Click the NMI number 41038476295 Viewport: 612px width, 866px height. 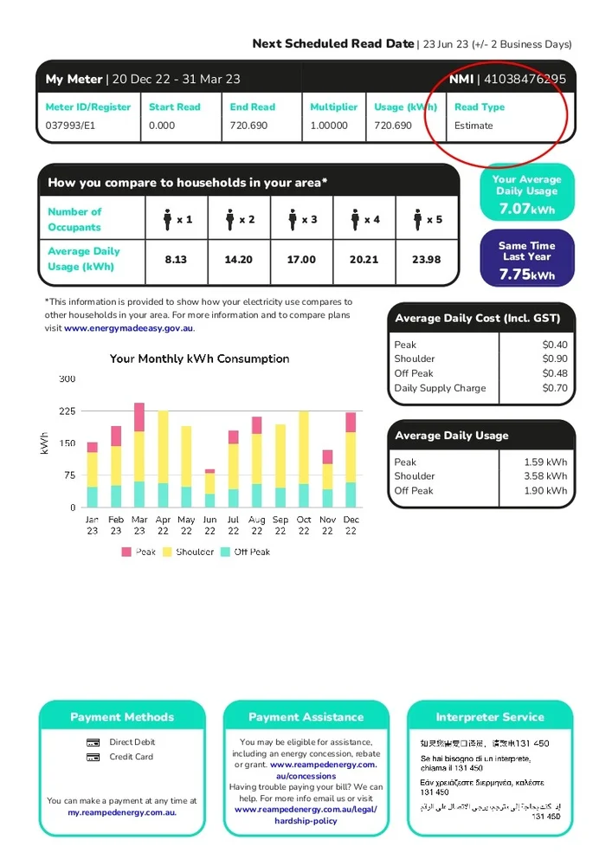(525, 79)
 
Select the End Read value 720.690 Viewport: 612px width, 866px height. (248, 126)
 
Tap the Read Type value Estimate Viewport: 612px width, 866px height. (473, 126)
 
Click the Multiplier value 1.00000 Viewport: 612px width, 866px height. (329, 126)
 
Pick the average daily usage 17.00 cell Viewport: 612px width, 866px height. (301, 260)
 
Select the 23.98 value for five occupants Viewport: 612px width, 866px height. (427, 260)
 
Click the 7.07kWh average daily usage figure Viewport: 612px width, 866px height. (526, 209)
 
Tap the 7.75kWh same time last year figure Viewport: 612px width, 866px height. (526, 275)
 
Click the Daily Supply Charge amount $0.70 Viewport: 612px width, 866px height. (555, 388)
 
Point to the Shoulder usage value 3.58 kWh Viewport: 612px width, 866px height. (545, 475)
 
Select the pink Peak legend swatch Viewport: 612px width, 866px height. (126, 552)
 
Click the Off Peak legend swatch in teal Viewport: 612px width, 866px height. (225, 552)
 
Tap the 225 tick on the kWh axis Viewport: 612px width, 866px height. (67, 411)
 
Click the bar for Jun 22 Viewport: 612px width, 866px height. (209, 489)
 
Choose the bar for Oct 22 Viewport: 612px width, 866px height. (304, 459)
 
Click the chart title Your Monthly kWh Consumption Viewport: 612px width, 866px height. (200, 359)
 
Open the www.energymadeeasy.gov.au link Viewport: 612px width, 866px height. (129, 328)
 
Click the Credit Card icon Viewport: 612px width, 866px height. (93, 757)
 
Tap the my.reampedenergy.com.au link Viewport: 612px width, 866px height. (122, 812)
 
